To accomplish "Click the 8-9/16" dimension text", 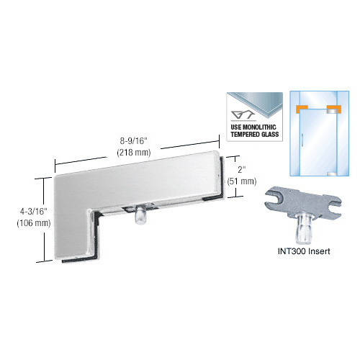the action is click(133, 141).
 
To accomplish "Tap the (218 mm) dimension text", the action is click(134, 153).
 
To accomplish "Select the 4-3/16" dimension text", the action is click(34, 212).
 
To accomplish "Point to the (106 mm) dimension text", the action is click(34, 223).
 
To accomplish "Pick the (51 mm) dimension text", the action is click(242, 181).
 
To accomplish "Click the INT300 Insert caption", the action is click(304, 251).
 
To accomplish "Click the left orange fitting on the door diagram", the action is click(302, 109).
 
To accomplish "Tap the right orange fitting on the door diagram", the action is click(334, 109).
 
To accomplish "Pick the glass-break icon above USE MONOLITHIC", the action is click(243, 115).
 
